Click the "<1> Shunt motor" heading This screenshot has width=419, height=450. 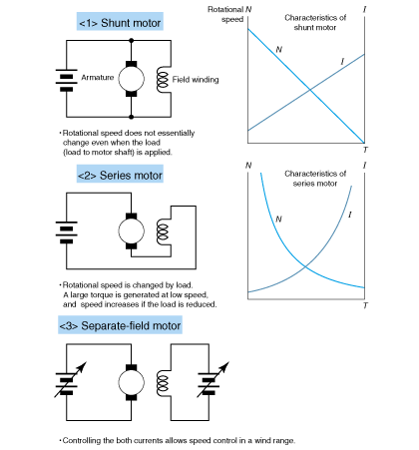click(x=120, y=23)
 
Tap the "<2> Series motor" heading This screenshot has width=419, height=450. click(x=120, y=175)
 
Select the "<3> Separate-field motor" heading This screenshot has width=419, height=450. click(x=120, y=325)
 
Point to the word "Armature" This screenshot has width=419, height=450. click(x=98, y=78)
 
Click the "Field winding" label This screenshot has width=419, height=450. click(x=196, y=80)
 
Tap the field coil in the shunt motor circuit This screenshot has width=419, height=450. click(x=162, y=79)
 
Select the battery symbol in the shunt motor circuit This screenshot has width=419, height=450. click(x=67, y=80)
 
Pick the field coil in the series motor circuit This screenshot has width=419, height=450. click(x=163, y=231)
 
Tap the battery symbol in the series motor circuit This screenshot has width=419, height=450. click(x=67, y=232)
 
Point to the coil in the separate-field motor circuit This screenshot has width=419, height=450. click(x=162, y=383)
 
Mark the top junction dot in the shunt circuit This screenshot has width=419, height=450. click(x=132, y=41)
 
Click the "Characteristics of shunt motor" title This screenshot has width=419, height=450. click(x=315, y=22)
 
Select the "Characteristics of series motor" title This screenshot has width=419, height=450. click(x=315, y=179)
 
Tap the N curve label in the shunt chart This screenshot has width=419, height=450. click(x=279, y=50)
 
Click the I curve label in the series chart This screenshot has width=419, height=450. click(x=350, y=215)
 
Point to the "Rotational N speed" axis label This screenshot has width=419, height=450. click(x=229, y=14)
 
